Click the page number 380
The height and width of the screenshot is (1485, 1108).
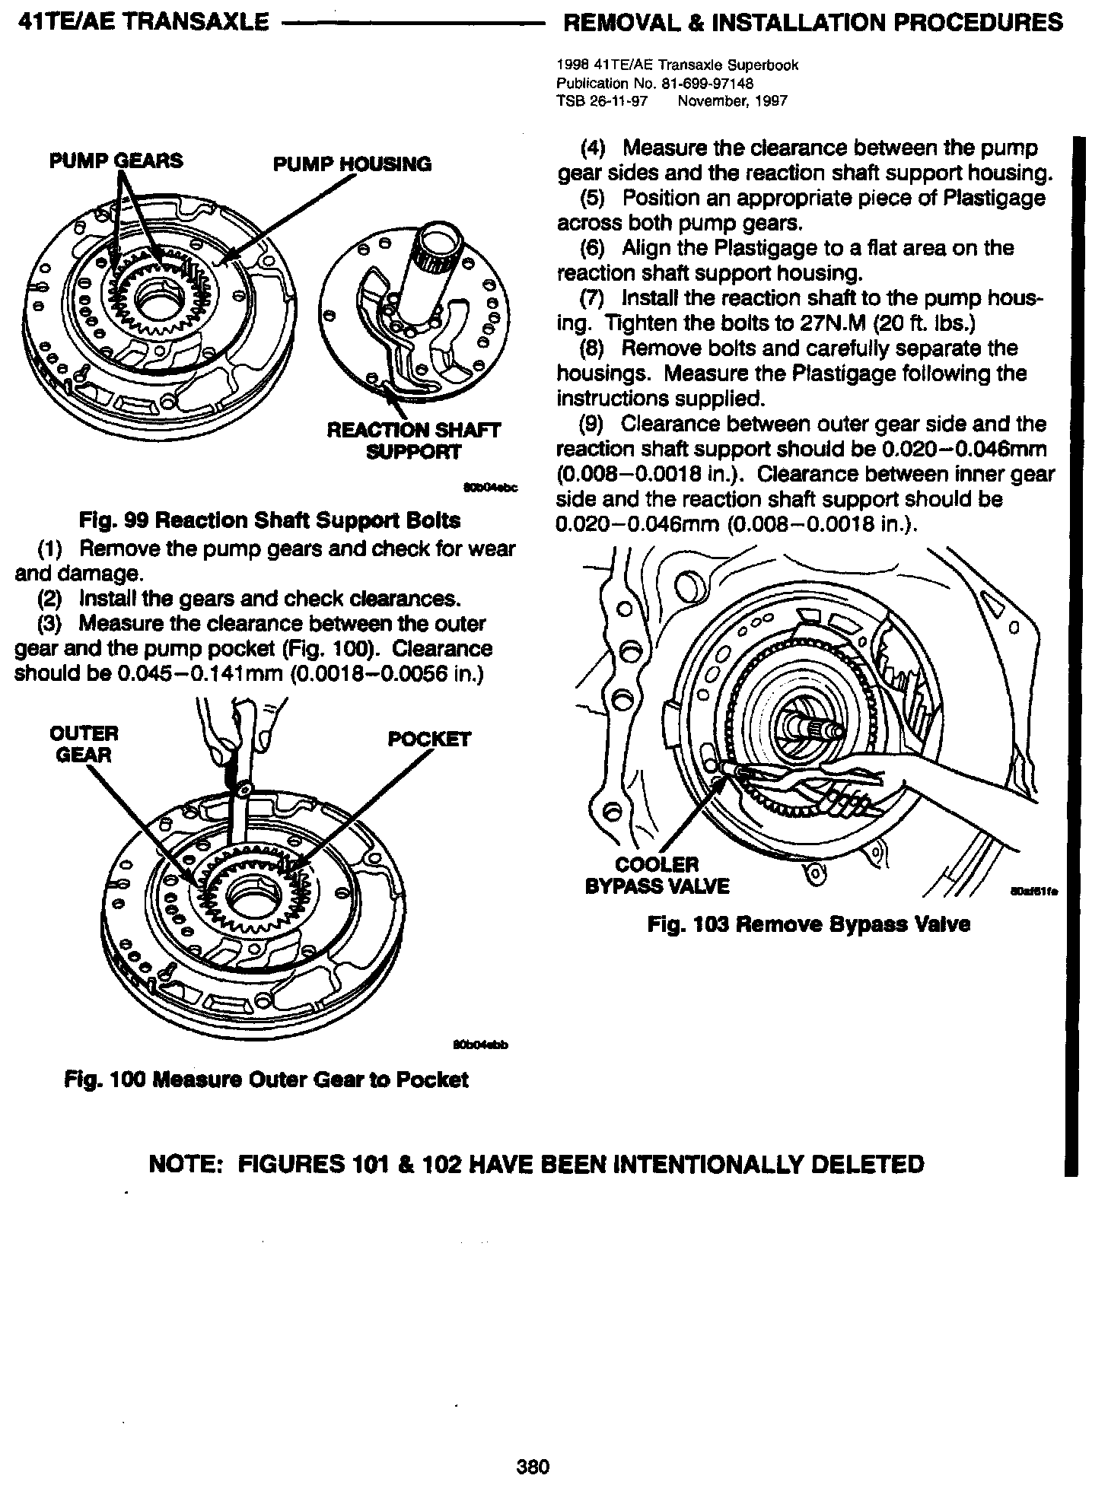533,1465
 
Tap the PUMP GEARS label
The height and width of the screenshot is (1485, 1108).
116,161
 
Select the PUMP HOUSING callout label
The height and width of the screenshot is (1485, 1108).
352,164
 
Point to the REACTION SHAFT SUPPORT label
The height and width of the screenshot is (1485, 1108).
413,441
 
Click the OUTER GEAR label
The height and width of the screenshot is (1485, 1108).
84,744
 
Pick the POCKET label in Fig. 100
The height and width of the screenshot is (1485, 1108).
429,739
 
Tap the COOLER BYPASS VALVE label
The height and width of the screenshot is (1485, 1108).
657,876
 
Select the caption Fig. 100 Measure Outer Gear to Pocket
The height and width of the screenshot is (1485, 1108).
266,1080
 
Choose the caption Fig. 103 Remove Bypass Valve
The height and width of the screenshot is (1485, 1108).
809,924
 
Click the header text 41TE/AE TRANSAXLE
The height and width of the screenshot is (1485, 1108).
142,22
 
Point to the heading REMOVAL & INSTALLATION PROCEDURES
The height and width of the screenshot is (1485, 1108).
812,22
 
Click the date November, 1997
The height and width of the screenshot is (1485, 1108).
732,100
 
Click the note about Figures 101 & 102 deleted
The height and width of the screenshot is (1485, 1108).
536,1164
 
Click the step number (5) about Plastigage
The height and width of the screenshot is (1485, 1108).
596,199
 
